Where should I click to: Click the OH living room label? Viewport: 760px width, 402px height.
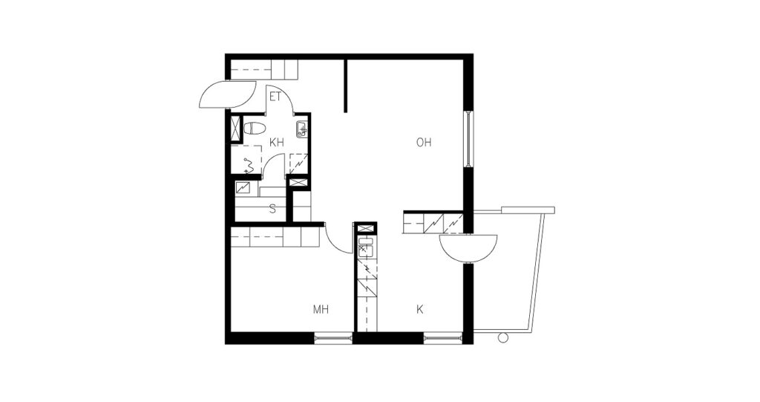(x=424, y=142)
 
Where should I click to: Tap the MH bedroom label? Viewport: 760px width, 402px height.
(x=321, y=309)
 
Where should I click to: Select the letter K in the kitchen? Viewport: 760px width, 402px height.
(x=420, y=309)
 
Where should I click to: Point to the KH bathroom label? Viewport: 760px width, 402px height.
(x=277, y=142)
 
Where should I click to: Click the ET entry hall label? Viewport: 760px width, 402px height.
(x=275, y=97)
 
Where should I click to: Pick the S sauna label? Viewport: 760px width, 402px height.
(x=273, y=210)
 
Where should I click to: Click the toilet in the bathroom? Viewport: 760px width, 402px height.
(x=255, y=129)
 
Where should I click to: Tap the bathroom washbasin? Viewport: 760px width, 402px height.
(x=301, y=129)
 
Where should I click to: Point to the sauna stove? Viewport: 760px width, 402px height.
(x=243, y=187)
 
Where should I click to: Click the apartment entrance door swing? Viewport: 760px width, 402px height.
(x=227, y=94)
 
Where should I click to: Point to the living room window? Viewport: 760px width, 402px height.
(x=468, y=140)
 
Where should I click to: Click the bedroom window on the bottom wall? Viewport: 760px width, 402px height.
(x=333, y=338)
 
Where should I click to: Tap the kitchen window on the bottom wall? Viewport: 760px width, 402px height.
(x=443, y=338)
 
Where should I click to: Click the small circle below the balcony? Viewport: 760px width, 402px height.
(x=503, y=338)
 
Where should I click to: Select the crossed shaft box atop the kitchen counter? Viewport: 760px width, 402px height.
(x=366, y=228)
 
